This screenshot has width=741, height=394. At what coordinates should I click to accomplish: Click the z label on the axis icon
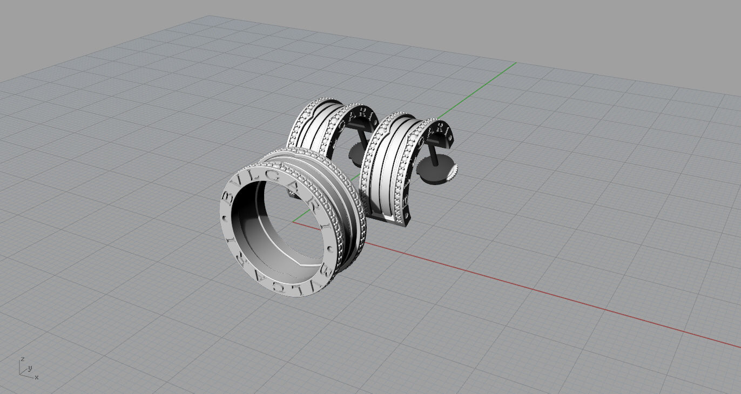pyautogui.click(x=22, y=359)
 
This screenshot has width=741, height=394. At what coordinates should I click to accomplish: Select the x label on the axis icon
pyautogui.click(x=36, y=377)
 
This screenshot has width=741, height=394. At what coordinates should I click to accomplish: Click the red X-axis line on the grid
pyautogui.click(x=540, y=292)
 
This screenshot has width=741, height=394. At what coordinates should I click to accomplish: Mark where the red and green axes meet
pyautogui.click(x=293, y=221)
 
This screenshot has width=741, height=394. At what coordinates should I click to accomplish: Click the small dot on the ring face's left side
pyautogui.click(x=224, y=218)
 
